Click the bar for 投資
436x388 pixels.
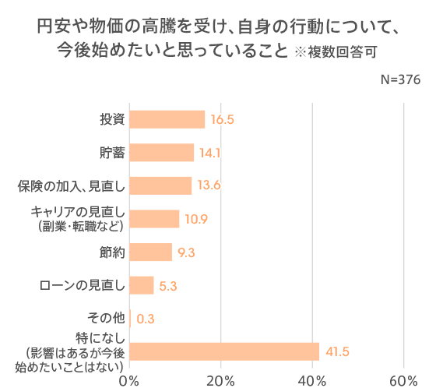point(167,119)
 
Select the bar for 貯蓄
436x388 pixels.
point(161,153)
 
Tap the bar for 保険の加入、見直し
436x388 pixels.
point(160,185)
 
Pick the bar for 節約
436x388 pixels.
point(150,252)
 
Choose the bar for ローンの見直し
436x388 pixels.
point(141,285)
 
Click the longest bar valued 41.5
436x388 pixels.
point(224,351)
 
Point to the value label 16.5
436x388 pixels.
point(222,120)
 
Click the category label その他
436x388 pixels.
point(104,318)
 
